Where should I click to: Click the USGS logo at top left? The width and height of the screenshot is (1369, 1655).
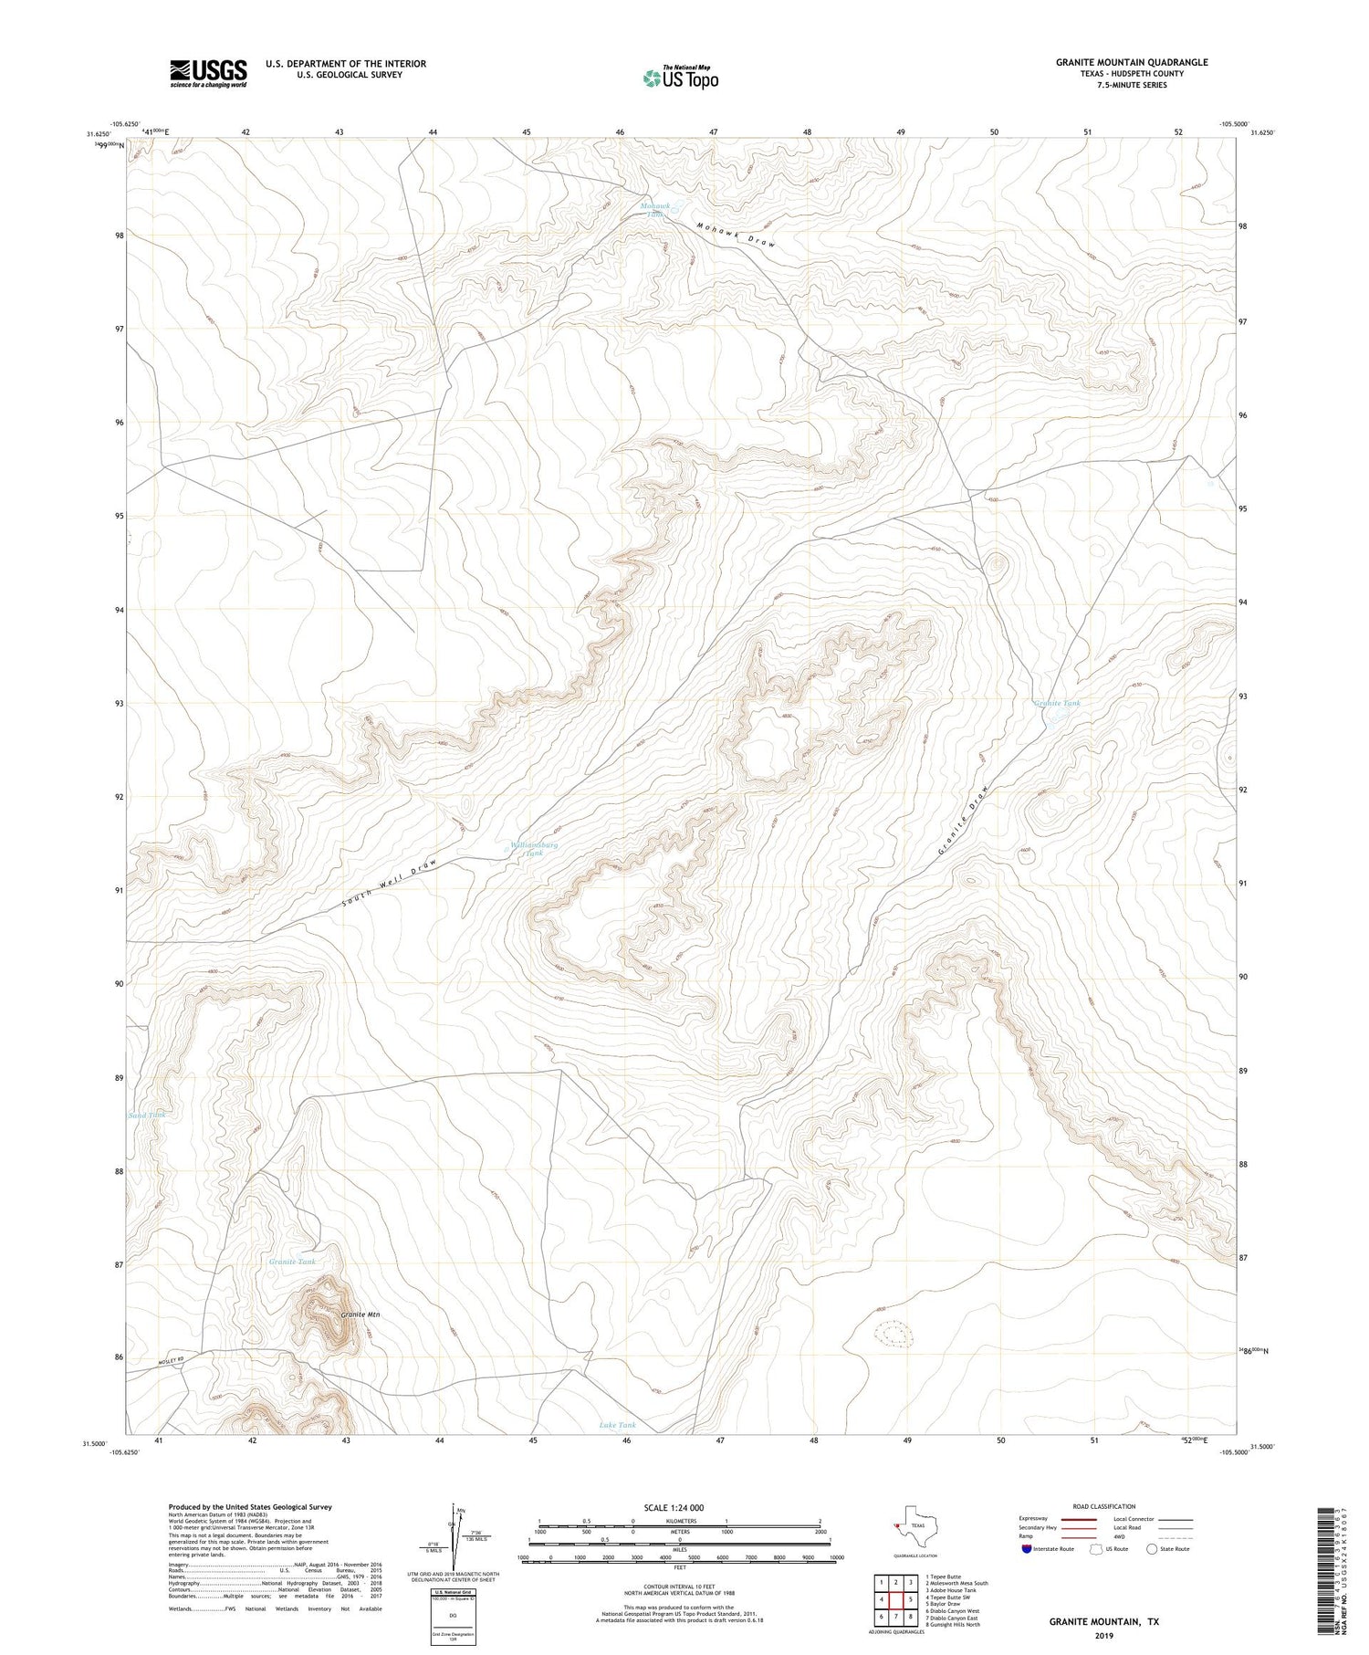click(208, 73)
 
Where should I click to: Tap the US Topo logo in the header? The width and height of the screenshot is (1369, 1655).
click(680, 78)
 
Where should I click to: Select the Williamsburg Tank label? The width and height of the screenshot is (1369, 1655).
click(534, 849)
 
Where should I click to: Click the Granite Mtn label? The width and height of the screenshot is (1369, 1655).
click(360, 1315)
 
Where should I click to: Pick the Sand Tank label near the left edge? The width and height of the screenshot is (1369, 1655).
click(147, 1115)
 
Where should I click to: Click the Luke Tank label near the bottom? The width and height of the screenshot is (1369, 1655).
click(617, 1424)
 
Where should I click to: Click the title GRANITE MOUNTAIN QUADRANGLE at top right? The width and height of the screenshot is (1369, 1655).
click(1132, 62)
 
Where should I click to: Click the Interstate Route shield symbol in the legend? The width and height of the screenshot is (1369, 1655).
click(1028, 1549)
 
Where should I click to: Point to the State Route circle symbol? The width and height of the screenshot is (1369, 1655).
click(1153, 1549)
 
